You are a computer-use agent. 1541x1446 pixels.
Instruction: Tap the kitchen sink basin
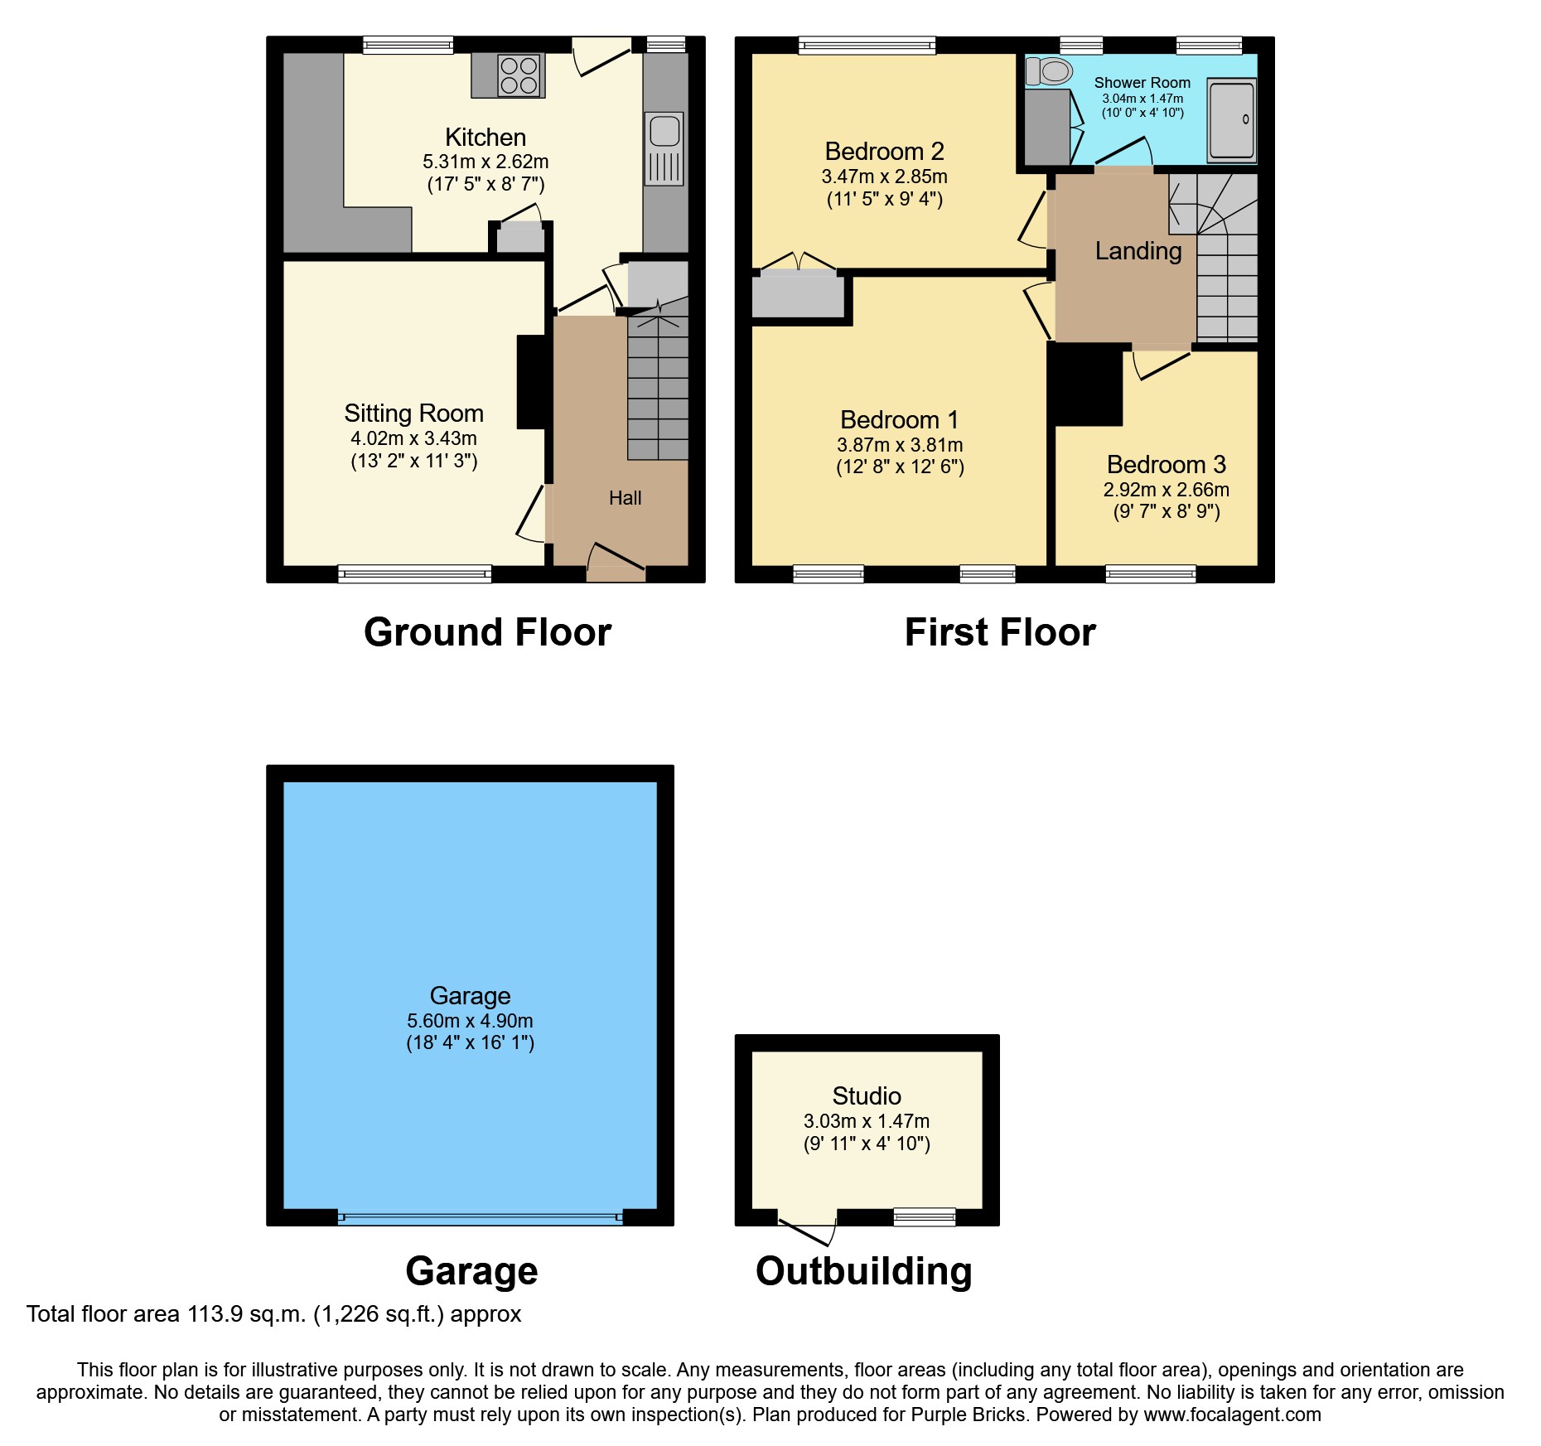664,131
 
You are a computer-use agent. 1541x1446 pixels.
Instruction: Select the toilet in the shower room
1050,71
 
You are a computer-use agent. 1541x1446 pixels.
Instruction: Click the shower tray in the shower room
1231,120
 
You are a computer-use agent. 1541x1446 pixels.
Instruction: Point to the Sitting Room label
413,413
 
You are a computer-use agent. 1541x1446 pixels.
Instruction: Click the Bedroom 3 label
1166,464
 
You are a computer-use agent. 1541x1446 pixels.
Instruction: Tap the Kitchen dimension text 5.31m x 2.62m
485,162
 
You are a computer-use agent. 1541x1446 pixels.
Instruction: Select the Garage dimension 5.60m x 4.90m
470,1021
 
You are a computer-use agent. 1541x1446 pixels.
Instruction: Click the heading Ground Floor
487,632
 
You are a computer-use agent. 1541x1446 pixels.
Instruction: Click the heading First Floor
1000,632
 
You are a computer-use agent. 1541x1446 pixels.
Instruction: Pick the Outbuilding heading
863,1271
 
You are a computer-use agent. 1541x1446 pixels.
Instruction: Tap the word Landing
1138,250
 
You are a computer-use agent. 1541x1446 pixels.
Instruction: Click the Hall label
625,498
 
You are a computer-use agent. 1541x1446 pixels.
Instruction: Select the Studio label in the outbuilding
867,1095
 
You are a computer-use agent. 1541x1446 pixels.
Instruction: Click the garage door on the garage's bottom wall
481,1218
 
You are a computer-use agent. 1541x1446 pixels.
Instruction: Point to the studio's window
925,1216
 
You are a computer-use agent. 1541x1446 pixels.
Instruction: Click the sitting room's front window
414,573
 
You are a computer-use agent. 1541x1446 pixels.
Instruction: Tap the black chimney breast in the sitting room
531,381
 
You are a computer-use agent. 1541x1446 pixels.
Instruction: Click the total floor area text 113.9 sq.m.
273,1314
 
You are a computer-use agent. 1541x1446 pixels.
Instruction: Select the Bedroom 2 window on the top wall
867,45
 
